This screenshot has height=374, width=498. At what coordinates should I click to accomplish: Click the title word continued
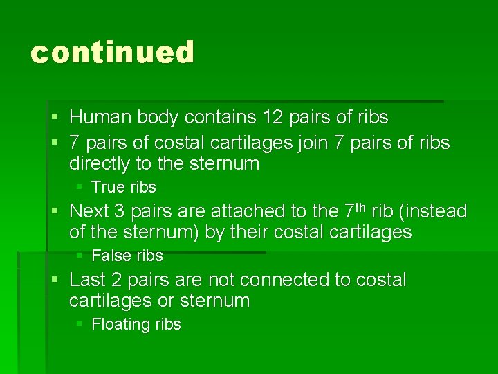pyautogui.click(x=113, y=53)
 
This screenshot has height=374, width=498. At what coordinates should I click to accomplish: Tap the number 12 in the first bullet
pyautogui.click(x=275, y=117)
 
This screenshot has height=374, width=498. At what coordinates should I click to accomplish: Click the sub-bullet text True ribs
pyautogui.click(x=124, y=187)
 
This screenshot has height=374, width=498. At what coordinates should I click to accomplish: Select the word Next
pyautogui.click(x=89, y=211)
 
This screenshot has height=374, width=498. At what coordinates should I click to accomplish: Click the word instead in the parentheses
pyautogui.click(x=436, y=211)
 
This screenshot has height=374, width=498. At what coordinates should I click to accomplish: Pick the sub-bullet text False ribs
pyautogui.click(x=127, y=256)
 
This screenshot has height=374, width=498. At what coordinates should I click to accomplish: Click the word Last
pyautogui.click(x=88, y=280)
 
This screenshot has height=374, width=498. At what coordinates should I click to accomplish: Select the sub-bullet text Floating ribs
pyautogui.click(x=136, y=324)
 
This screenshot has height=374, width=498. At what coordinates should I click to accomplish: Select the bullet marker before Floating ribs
pyautogui.click(x=80, y=324)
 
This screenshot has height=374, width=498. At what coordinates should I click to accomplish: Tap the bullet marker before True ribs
pyautogui.click(x=80, y=187)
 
